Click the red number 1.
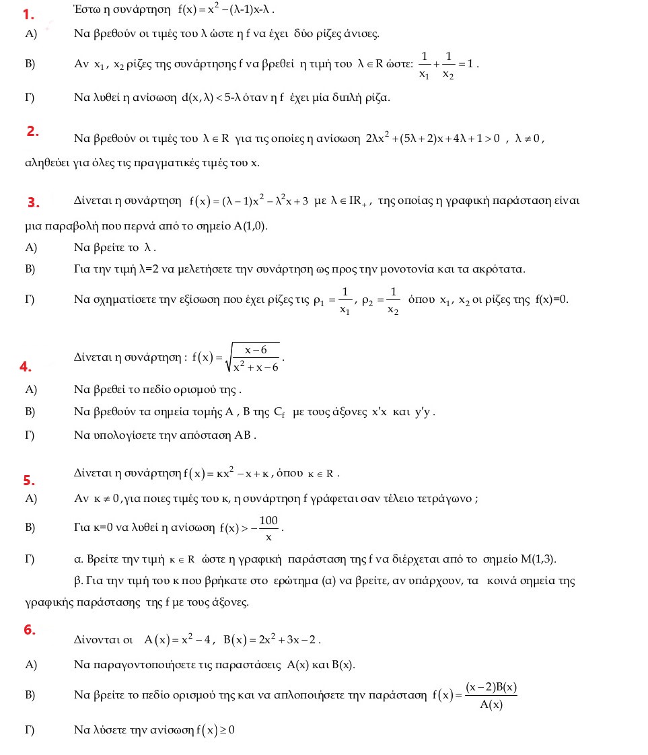click(28, 15)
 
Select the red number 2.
click(33, 131)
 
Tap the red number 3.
click(34, 203)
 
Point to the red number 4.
click(26, 367)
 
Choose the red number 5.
click(29, 480)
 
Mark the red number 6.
click(29, 630)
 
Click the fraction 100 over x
click(268, 528)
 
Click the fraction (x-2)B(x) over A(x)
click(491, 696)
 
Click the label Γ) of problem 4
click(30, 435)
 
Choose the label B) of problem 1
click(30, 64)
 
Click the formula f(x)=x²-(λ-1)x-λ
click(227, 11)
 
